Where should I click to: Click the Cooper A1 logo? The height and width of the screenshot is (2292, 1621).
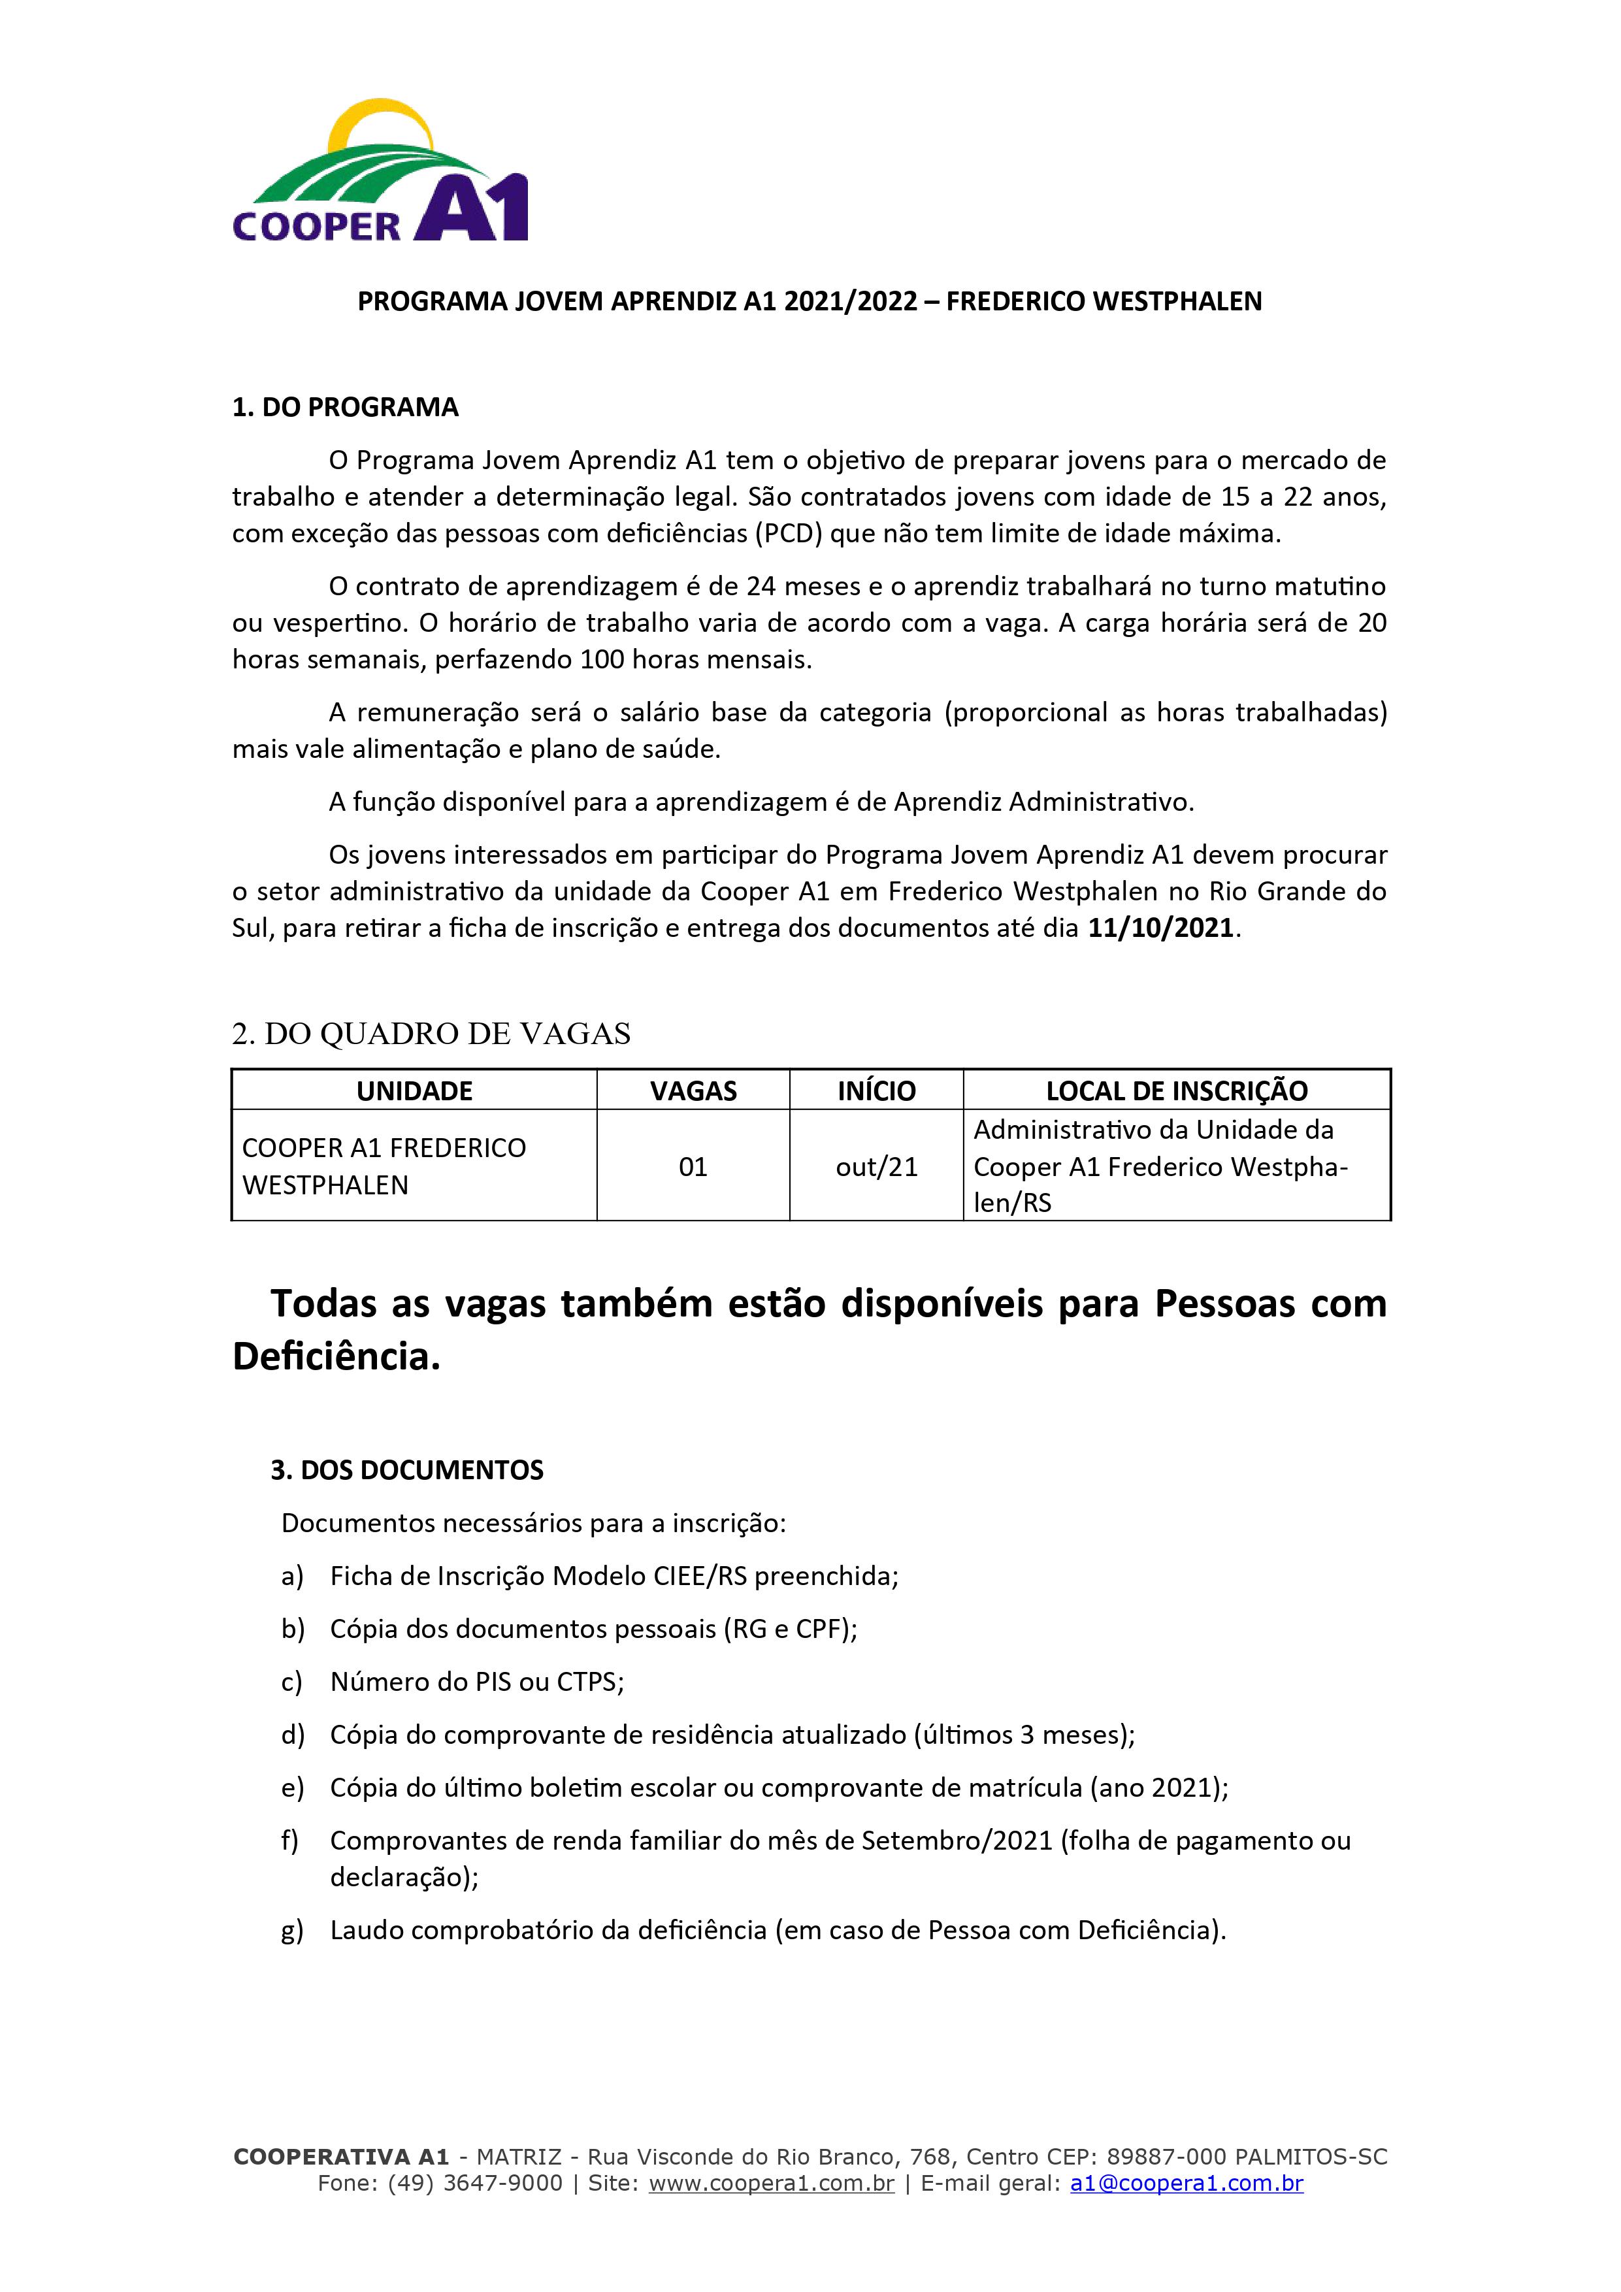click(x=380, y=172)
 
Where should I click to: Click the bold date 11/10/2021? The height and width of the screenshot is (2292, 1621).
click(x=1161, y=928)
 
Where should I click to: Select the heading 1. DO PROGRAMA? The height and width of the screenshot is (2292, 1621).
click(x=346, y=407)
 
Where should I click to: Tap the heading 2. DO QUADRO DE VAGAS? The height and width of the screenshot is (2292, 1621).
click(x=431, y=1034)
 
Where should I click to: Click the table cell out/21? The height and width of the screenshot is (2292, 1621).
click(x=876, y=1167)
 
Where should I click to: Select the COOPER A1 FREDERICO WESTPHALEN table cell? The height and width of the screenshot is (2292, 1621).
click(x=384, y=1166)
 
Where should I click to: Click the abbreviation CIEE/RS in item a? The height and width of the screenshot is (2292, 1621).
click(x=700, y=1577)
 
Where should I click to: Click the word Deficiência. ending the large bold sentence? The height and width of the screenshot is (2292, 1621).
click(x=336, y=1356)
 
